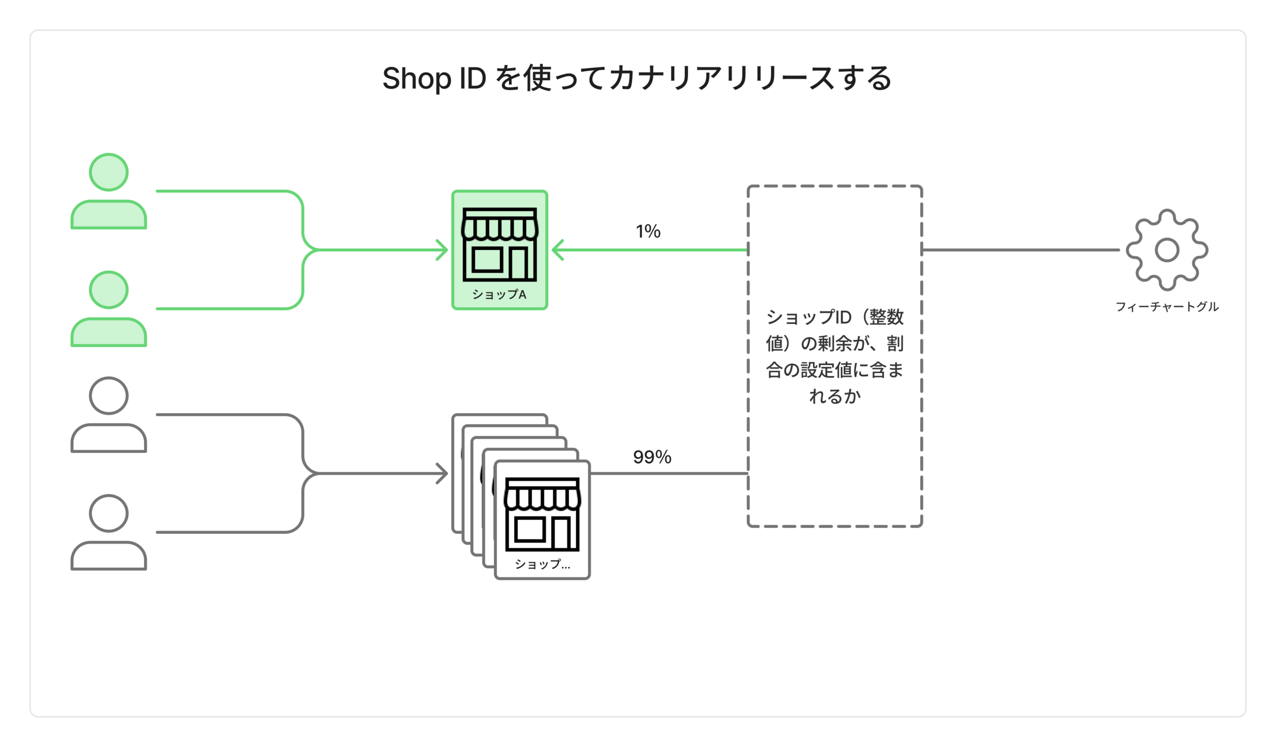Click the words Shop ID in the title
point(434,79)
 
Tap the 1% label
point(648,231)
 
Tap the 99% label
point(652,457)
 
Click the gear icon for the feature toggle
point(1167,250)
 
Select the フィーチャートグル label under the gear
point(1167,307)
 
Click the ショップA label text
point(499,295)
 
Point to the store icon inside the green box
point(500,244)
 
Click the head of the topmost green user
point(108,172)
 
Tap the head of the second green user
point(108,290)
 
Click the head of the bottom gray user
point(108,513)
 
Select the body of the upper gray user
point(108,438)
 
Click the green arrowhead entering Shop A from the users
point(442,250)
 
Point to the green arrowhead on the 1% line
point(558,250)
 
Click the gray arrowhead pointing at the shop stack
point(442,473)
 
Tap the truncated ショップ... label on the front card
point(542,564)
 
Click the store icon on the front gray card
point(542,514)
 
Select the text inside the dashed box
point(835,357)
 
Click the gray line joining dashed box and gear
point(1021,250)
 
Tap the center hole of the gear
point(1167,250)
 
